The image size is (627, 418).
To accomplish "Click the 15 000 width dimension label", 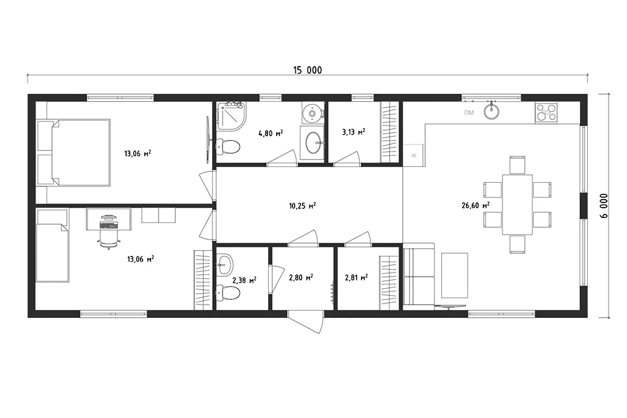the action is click(x=307, y=70).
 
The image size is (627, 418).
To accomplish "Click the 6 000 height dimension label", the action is click(x=604, y=206).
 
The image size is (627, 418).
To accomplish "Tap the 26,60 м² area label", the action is click(x=476, y=206).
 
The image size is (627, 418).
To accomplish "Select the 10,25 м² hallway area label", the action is click(x=302, y=206).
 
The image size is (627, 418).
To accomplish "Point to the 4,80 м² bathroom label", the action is click(x=271, y=133).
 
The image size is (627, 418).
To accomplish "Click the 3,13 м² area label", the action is click(x=354, y=131).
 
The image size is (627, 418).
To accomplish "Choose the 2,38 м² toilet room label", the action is click(x=244, y=280).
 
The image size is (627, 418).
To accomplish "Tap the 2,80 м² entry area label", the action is click(x=301, y=277).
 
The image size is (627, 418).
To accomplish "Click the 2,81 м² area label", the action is click(x=356, y=277).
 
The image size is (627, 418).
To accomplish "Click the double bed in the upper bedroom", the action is click(x=74, y=152).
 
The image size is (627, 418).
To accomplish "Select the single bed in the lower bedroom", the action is click(x=52, y=246).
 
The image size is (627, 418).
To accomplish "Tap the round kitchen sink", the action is click(x=491, y=111).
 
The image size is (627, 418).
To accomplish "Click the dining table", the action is click(x=517, y=204).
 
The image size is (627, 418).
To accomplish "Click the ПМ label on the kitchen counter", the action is click(x=469, y=113).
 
